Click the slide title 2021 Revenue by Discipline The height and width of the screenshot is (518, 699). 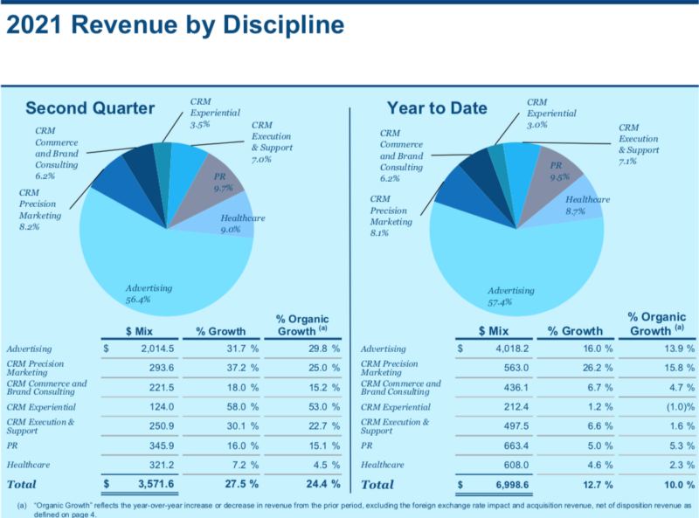[175, 26]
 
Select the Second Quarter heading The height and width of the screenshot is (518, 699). [90, 108]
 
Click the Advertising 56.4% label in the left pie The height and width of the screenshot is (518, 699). [149, 294]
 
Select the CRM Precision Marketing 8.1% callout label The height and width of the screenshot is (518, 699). [391, 216]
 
